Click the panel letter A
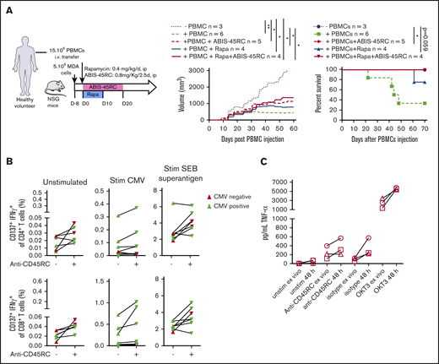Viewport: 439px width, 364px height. point(7,7)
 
